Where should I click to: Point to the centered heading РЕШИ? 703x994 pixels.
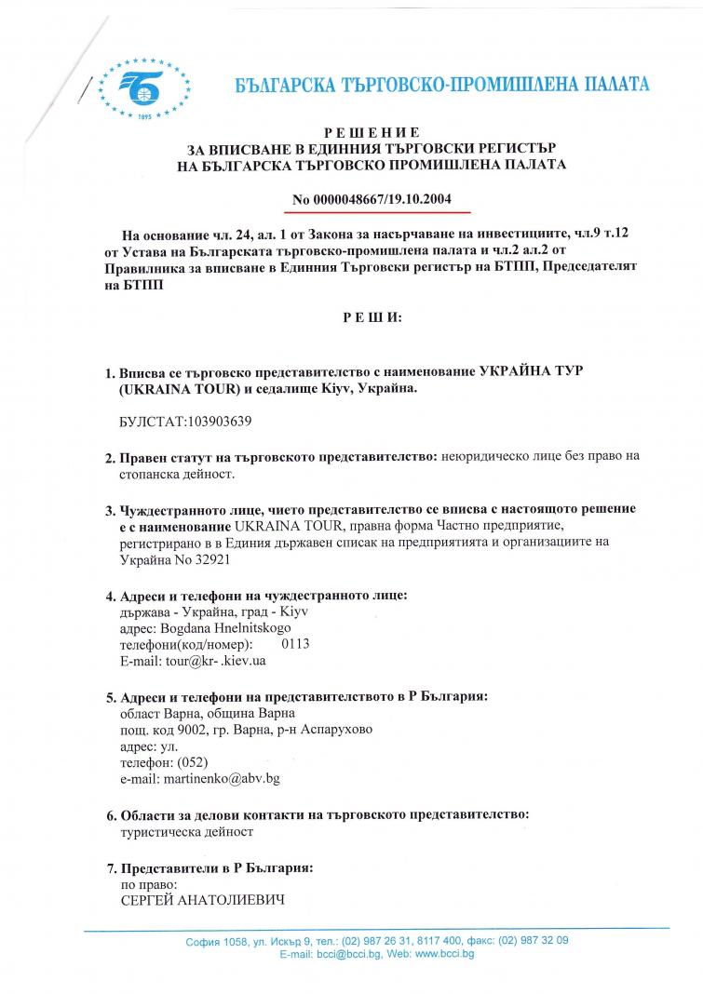(x=372, y=317)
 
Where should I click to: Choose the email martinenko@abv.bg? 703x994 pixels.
(x=222, y=777)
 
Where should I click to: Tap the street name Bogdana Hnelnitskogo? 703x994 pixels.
(x=217, y=628)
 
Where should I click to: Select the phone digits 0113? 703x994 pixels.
(x=295, y=644)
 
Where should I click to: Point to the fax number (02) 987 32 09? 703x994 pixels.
(x=534, y=940)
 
